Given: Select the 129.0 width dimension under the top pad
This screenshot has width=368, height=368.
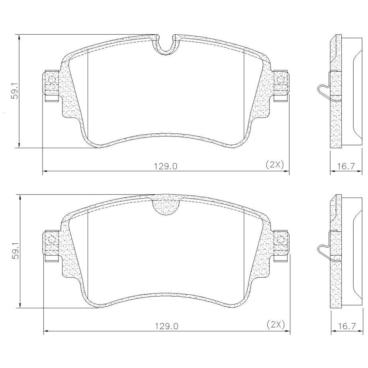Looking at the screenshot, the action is (x=166, y=166).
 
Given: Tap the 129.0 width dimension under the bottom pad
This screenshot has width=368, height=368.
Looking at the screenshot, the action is (x=166, y=326).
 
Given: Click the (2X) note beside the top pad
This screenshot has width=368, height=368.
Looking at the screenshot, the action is (x=275, y=164).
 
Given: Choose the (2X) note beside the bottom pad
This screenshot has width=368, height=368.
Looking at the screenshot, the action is (x=276, y=325).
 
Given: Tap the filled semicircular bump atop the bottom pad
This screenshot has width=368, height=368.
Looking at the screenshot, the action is (x=166, y=207).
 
